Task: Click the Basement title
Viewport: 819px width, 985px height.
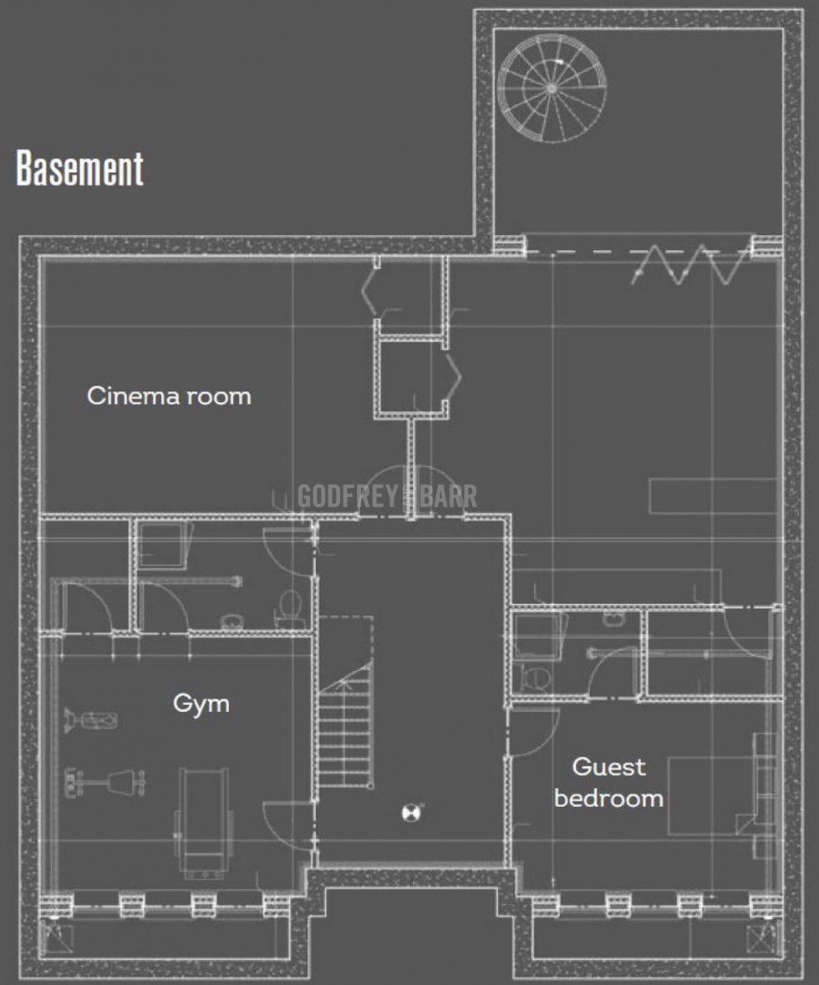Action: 80,169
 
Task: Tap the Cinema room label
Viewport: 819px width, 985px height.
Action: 169,396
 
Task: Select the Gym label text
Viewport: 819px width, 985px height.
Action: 201,703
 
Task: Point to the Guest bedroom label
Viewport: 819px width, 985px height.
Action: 608,782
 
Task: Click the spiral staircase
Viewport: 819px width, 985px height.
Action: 552,89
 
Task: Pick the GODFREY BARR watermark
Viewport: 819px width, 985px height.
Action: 387,495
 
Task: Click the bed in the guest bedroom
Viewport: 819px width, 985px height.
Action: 711,795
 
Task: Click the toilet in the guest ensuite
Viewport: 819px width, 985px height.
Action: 534,679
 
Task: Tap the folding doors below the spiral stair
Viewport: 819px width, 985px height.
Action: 691,265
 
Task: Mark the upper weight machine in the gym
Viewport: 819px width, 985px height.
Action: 91,719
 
